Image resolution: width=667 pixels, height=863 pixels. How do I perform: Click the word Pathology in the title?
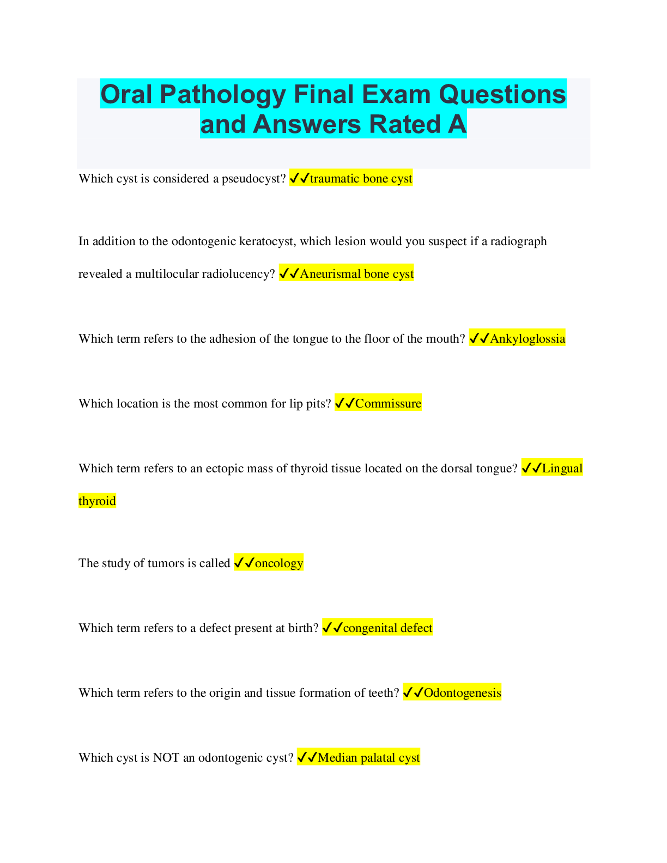[223, 94]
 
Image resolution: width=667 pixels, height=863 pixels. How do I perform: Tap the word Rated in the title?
[405, 124]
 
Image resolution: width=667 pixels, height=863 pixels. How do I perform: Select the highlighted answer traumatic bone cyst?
[361, 179]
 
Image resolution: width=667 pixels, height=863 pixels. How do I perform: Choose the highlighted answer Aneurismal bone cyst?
[356, 274]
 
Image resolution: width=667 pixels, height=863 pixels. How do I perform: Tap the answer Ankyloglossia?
[527, 339]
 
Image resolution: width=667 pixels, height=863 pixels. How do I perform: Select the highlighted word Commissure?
[388, 404]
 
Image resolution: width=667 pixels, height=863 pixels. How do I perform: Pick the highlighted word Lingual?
[562, 469]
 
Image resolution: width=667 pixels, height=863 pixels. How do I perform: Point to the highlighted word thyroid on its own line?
[97, 501]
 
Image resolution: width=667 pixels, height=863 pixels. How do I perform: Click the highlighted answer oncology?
[278, 563]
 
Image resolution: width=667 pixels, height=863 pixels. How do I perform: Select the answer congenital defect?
[387, 628]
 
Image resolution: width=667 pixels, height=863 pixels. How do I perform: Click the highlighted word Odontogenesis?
[462, 693]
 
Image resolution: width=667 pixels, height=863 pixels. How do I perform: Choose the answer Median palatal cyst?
[368, 758]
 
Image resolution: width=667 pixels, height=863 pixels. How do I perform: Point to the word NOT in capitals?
[166, 758]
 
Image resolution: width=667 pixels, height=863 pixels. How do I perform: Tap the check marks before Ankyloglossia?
[479, 339]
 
